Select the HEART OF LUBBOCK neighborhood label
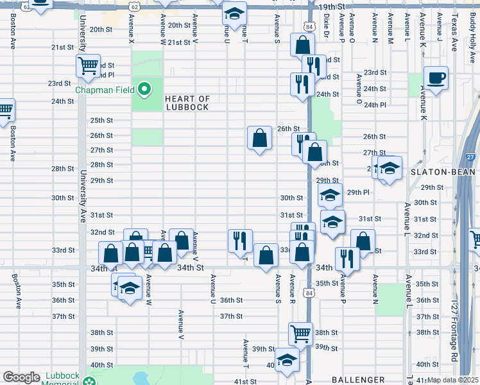click(x=187, y=103)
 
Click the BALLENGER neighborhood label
click(x=357, y=381)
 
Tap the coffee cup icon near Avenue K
click(x=436, y=78)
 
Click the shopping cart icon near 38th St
click(x=300, y=334)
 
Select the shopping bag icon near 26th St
click(x=259, y=137)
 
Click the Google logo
click(x=21, y=378)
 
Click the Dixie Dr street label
click(x=327, y=26)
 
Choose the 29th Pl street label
click(x=358, y=193)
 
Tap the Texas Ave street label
click(x=454, y=26)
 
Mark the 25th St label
click(x=101, y=120)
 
